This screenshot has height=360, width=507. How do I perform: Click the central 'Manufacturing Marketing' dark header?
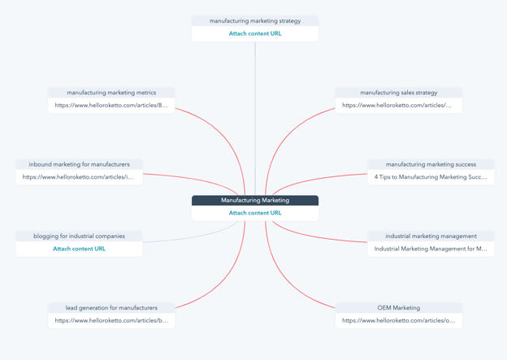255,200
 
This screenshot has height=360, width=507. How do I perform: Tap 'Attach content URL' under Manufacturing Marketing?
255,213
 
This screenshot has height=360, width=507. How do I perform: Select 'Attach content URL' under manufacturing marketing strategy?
255,33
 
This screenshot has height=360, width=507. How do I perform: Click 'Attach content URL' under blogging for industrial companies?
80,249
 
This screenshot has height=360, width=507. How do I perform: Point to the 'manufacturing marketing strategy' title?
255,21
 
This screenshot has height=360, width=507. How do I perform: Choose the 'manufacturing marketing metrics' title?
111,93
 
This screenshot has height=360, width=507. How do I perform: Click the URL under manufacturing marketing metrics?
111,105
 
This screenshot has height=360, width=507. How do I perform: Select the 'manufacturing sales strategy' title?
399,93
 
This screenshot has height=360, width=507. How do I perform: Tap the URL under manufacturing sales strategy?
397,105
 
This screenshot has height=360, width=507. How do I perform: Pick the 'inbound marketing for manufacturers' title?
80,165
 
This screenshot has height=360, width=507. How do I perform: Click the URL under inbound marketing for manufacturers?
78,177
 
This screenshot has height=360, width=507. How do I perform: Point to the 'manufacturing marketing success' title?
431,165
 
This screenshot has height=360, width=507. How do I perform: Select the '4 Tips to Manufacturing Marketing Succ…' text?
431,177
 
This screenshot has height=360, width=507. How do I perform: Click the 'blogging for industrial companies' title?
80,236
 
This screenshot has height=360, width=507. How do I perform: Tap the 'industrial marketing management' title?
431,236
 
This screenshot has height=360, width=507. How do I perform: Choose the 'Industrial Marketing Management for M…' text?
431,249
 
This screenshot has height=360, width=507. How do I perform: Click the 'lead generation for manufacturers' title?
111,308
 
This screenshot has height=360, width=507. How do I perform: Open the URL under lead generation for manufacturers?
111,320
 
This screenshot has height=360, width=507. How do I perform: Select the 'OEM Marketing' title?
399,308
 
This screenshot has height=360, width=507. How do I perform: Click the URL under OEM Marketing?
399,320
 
